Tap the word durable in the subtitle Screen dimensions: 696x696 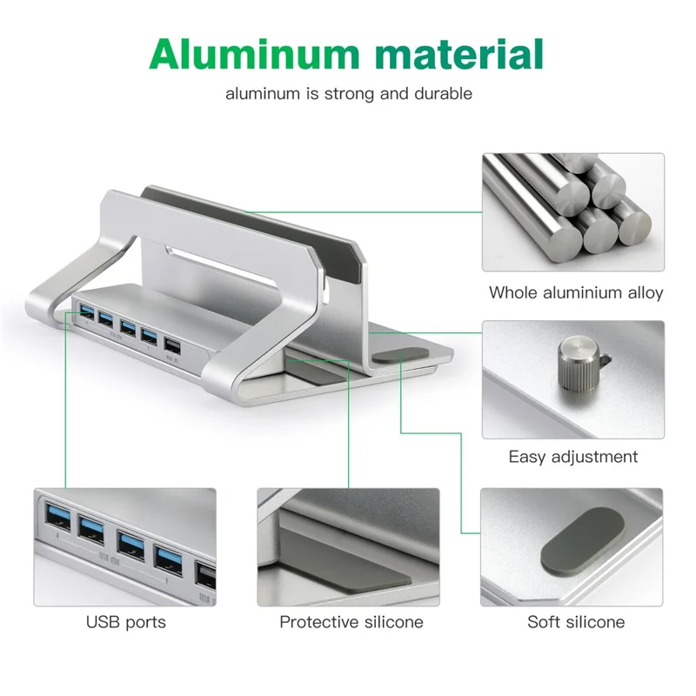click(x=442, y=94)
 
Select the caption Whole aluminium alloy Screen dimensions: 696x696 click(x=576, y=292)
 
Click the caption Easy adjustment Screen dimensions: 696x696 click(x=573, y=457)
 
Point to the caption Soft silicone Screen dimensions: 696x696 click(x=576, y=622)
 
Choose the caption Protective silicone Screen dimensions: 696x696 click(x=351, y=622)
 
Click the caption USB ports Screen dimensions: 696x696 click(x=125, y=622)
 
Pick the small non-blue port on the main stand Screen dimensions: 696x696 click(x=172, y=346)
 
